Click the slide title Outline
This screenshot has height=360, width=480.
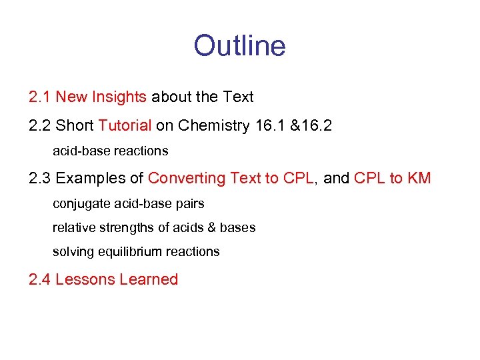(239, 46)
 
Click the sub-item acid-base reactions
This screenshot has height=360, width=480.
(110, 151)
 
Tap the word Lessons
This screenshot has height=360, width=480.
(84, 280)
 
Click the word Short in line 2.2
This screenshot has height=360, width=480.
(75, 125)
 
